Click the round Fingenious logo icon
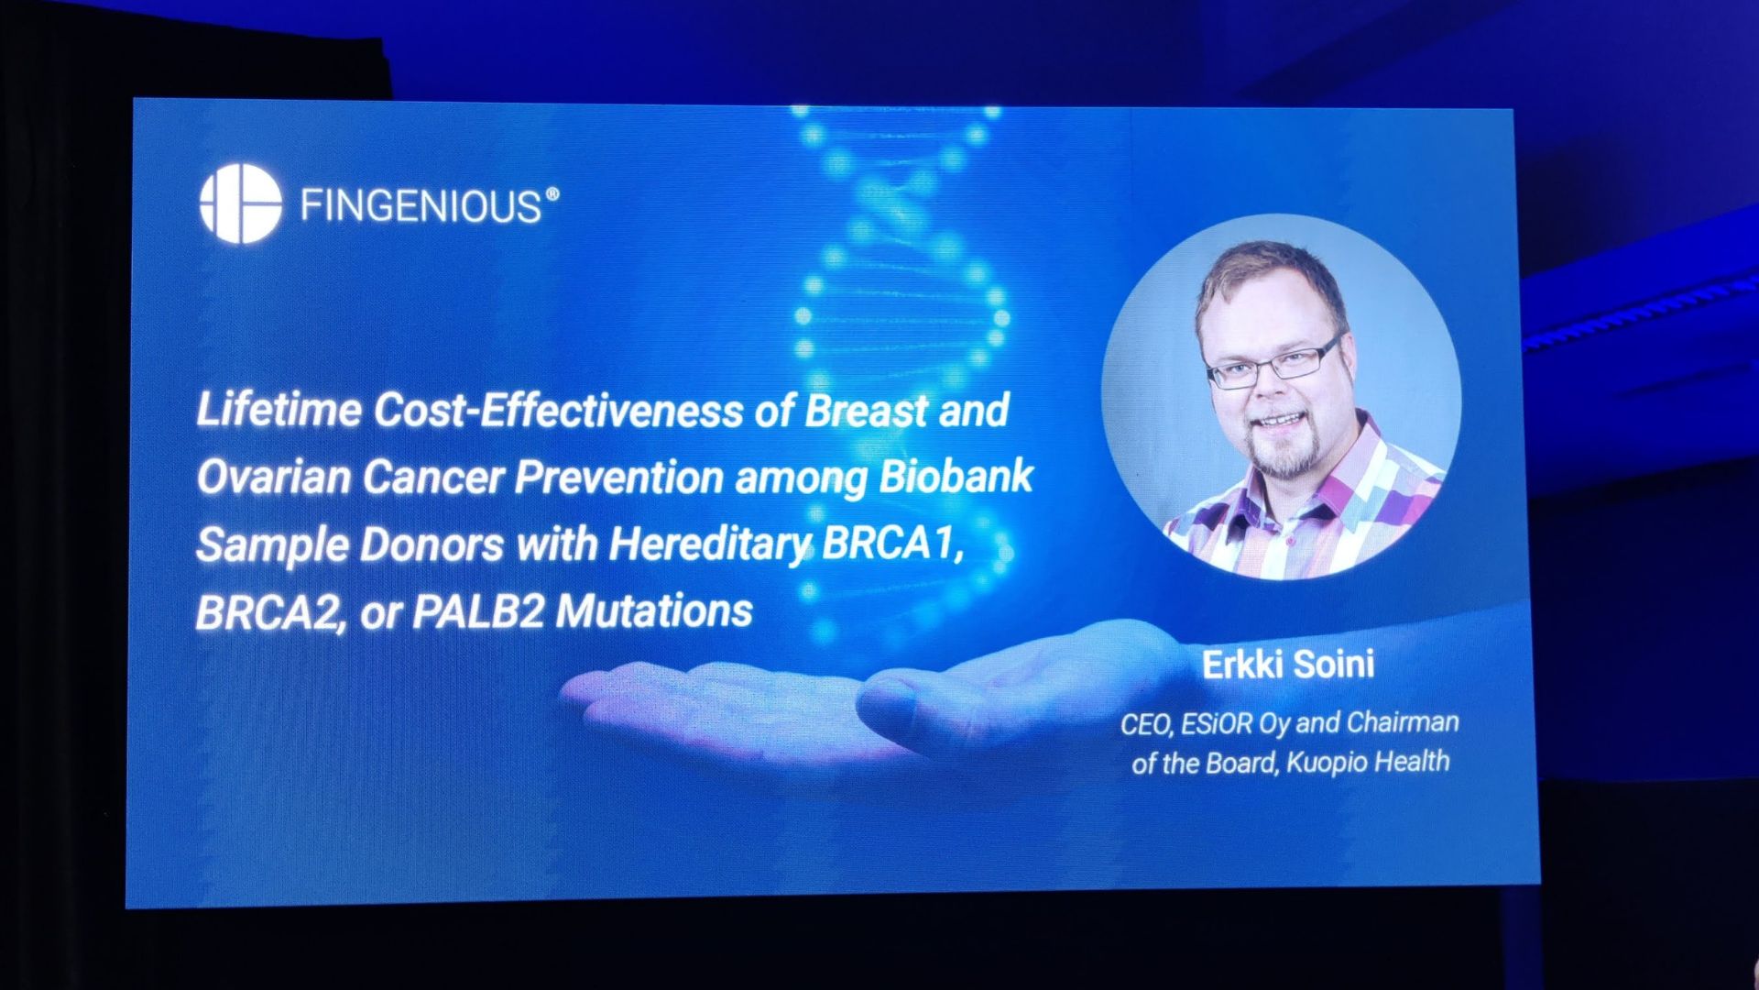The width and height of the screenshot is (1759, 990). [x=240, y=203]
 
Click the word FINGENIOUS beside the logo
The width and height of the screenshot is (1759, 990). [x=421, y=206]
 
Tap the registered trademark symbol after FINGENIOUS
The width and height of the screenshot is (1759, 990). [x=552, y=195]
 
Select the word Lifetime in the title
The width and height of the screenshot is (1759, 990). [x=279, y=410]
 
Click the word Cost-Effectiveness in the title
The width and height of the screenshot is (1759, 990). [x=558, y=411]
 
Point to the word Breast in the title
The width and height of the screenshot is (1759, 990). [x=866, y=410]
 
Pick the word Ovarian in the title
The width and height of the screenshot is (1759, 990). [x=273, y=477]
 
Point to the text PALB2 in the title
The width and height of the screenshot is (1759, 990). [x=478, y=611]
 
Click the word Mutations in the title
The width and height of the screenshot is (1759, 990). [x=654, y=611]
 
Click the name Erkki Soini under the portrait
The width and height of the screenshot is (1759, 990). [x=1287, y=665]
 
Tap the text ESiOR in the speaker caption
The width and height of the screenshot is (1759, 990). [x=1217, y=724]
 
